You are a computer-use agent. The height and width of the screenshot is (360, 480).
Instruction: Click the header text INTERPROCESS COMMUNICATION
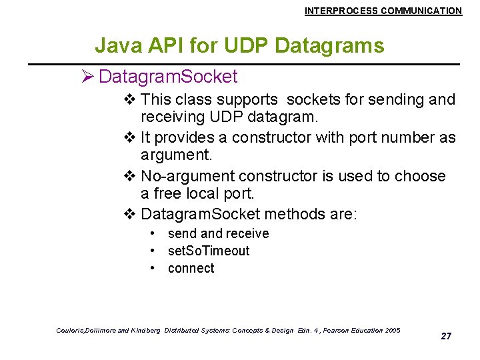click(383, 11)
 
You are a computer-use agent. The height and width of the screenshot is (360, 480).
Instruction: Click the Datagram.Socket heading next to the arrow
click(167, 77)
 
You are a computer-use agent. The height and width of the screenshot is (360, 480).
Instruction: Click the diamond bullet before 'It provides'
click(130, 138)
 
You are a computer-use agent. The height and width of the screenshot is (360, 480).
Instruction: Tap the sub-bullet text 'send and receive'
click(218, 233)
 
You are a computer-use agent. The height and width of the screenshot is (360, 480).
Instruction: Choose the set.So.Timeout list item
click(208, 251)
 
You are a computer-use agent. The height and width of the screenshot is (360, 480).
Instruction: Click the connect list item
click(191, 268)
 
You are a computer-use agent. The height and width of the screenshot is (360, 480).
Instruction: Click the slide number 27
click(446, 336)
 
